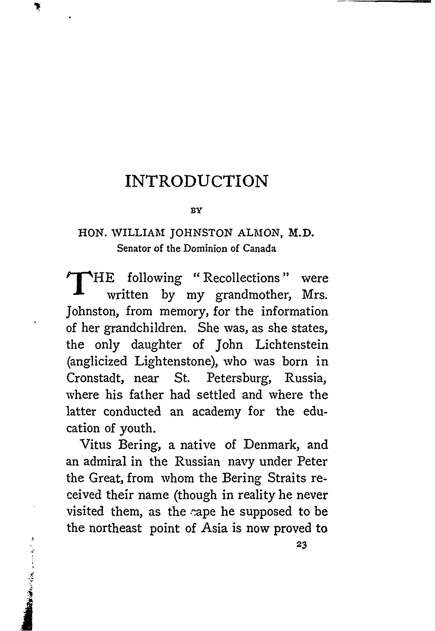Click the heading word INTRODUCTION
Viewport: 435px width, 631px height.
pyautogui.click(x=197, y=181)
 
